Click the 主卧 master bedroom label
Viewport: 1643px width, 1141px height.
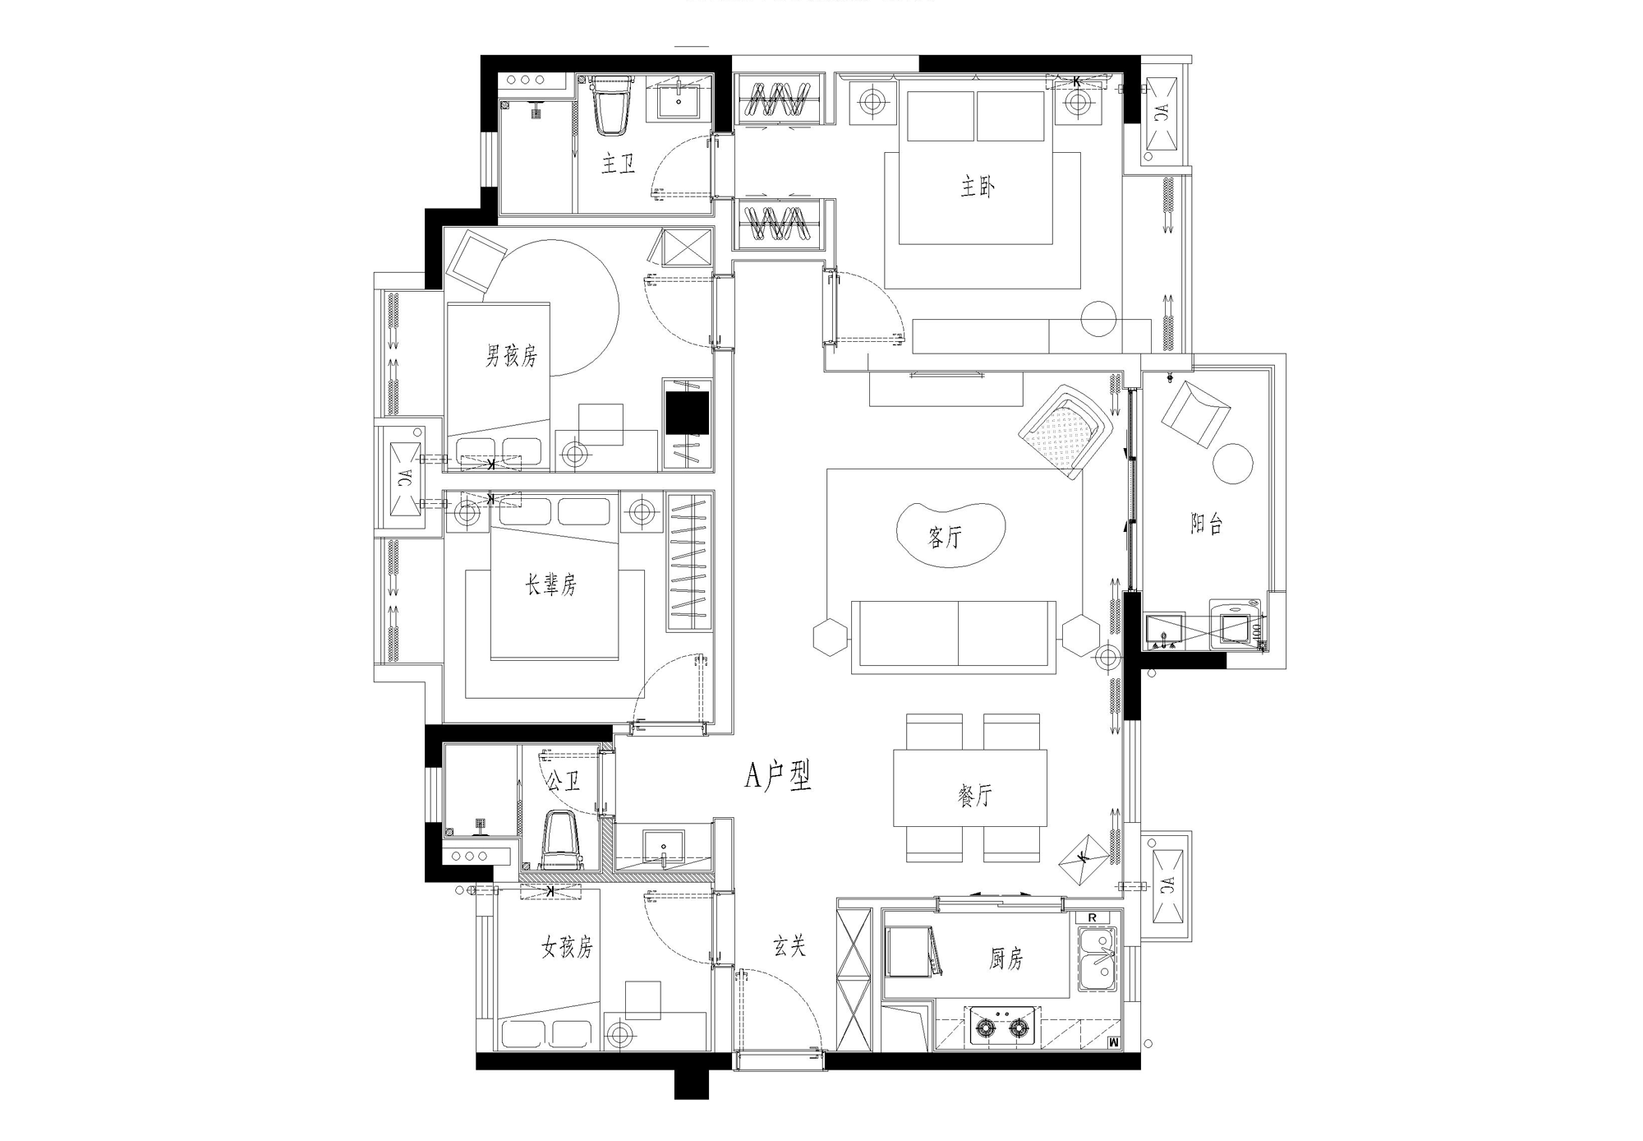[978, 187]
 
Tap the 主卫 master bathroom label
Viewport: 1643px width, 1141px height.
[619, 164]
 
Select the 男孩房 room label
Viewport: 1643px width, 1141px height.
[511, 356]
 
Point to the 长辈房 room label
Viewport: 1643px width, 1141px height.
[551, 584]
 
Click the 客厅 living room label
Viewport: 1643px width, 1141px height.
[945, 538]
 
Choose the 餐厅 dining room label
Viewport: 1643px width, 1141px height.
[975, 795]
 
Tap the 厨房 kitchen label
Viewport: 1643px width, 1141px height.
[1006, 959]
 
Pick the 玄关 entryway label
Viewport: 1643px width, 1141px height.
[789, 946]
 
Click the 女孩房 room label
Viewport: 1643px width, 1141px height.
[567, 948]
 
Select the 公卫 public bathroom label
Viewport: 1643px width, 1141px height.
[564, 780]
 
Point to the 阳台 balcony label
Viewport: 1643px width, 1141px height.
[1207, 524]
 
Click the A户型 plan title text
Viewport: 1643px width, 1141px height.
[778, 775]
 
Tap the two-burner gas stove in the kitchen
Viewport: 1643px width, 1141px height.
[1001, 1027]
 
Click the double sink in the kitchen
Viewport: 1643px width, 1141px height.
[1098, 959]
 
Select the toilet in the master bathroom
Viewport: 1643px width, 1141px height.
[612, 105]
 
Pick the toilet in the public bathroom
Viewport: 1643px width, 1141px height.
[561, 840]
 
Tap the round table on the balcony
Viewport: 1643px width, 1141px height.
[1233, 464]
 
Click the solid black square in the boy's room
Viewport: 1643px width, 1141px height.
[687, 413]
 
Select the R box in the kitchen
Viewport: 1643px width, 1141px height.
[1092, 917]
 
